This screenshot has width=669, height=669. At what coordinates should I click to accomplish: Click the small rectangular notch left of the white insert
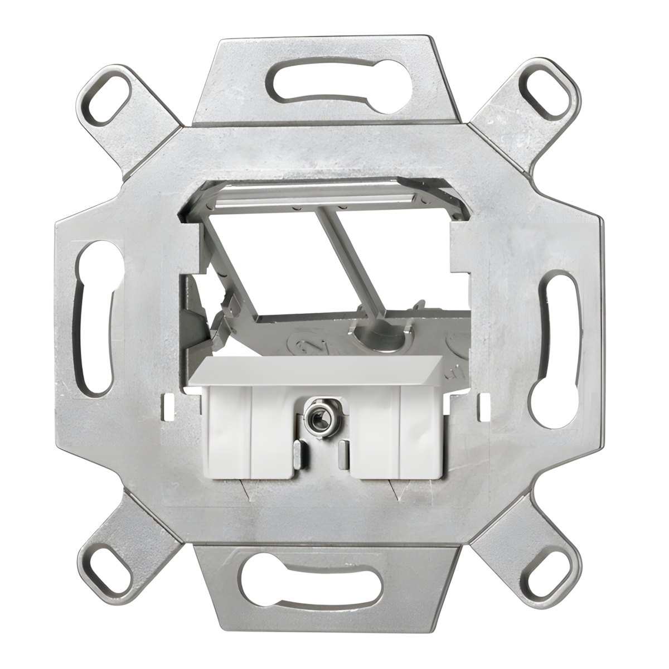[x=167, y=406]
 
